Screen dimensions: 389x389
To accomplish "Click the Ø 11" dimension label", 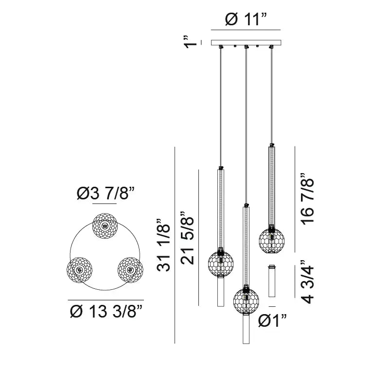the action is [x=246, y=19].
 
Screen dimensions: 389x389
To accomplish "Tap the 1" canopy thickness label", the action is [x=191, y=42].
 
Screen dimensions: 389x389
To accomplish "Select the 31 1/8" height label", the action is [x=163, y=246].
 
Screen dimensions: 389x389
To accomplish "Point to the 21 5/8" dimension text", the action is [x=187, y=238].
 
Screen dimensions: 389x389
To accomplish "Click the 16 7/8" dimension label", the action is [x=307, y=198].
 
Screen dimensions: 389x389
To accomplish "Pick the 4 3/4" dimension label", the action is [x=307, y=282].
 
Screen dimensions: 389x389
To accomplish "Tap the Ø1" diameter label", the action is [x=272, y=320].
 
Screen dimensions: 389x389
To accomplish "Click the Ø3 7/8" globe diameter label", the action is [x=106, y=193].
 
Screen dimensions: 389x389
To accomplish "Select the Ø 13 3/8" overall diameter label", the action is [x=106, y=311].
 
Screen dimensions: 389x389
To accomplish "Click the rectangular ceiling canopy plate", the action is [x=246, y=43].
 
